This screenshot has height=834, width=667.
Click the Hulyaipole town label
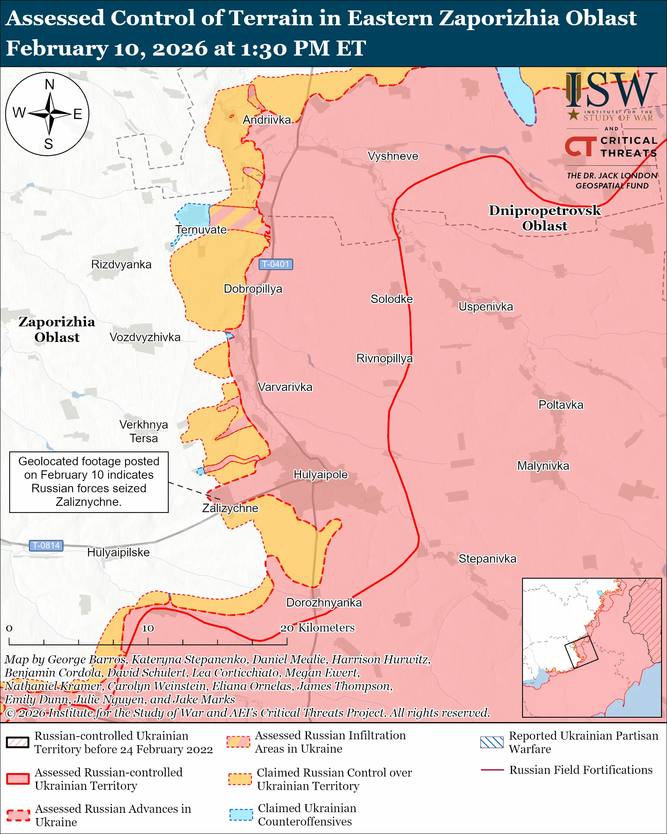pos(321,475)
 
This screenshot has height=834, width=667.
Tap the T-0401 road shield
pos(275,264)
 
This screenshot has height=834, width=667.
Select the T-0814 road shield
pos(46,546)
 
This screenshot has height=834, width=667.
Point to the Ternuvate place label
pos(201,230)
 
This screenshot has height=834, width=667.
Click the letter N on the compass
pos(49,84)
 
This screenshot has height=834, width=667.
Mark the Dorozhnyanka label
pos(324,603)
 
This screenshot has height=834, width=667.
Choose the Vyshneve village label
pos(393,156)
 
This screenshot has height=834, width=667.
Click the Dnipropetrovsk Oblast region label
pos(544,218)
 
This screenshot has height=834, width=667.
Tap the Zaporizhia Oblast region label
pos(57,330)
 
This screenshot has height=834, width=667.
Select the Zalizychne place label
pos(230,508)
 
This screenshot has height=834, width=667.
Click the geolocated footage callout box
pos(89,482)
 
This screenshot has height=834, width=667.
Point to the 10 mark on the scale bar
pos(148,628)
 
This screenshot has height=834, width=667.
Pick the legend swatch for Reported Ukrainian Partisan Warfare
pos(492,742)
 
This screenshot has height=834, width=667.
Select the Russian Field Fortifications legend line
pos(492,770)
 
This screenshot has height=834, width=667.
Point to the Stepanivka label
pos(487,559)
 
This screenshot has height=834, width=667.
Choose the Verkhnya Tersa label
pos(143,432)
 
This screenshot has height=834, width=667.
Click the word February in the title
pos(57,49)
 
